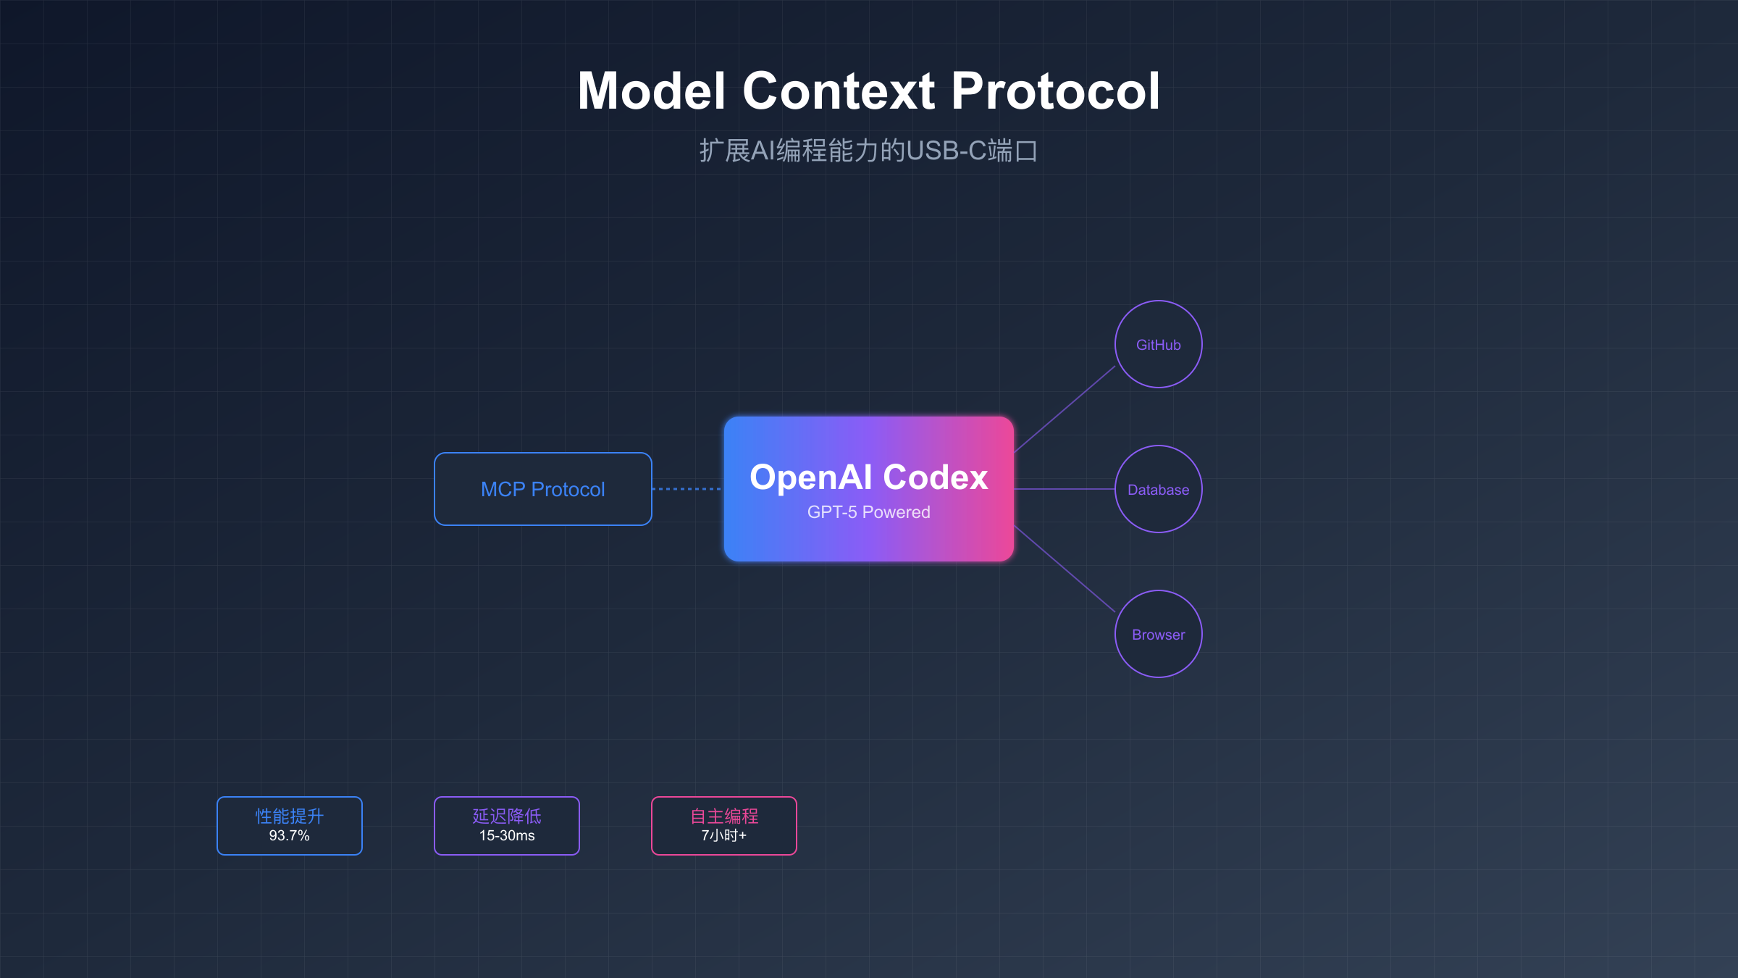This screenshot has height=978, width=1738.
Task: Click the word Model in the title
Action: coord(651,91)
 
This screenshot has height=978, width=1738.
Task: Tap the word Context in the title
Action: coord(839,91)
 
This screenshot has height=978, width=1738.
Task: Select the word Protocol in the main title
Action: coord(1055,91)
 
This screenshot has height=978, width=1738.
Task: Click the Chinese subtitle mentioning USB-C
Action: coord(868,151)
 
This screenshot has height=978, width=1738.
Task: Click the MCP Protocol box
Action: coord(543,489)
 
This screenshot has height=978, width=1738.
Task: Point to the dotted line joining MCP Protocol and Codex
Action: coord(687,489)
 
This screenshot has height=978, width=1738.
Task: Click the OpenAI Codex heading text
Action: coord(868,477)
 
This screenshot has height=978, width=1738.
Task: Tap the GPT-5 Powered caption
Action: coord(868,512)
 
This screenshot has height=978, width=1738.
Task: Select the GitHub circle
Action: coord(1158,345)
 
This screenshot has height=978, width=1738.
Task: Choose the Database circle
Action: coord(1158,490)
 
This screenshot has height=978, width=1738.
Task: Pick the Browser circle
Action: coord(1158,635)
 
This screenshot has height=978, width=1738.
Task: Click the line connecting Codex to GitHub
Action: coord(1065,409)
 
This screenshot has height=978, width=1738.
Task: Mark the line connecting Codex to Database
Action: coord(1065,489)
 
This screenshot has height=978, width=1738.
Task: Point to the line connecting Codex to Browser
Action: coord(1065,569)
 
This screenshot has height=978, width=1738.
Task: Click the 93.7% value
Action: coord(289,836)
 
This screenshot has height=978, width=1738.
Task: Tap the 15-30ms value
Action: coord(507,836)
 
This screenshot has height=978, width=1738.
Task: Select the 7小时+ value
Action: coord(723,836)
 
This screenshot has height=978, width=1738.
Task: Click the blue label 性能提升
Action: coord(289,816)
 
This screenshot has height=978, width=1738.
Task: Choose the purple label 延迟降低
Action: coord(507,816)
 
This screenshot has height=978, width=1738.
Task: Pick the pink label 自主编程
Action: coord(723,816)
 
